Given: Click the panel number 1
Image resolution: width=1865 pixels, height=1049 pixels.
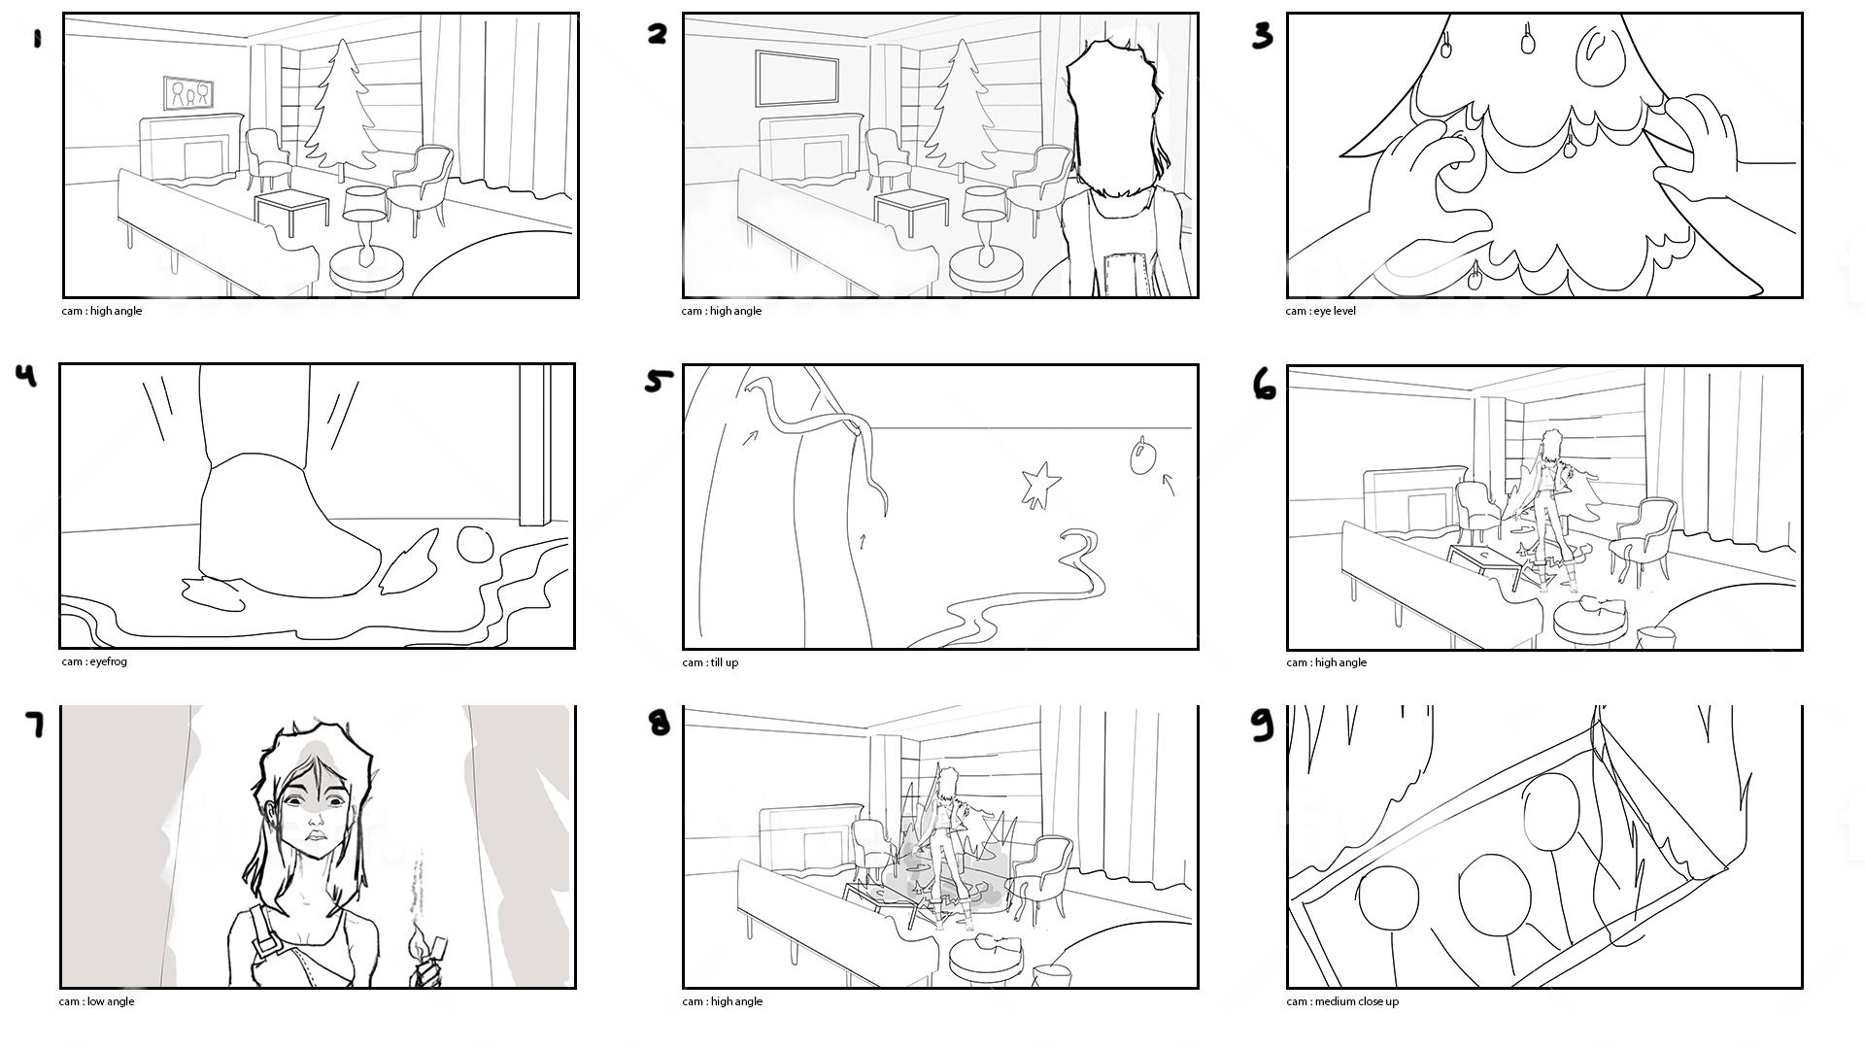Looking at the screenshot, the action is (38, 39).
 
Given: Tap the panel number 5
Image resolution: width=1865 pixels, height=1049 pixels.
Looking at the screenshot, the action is (659, 381).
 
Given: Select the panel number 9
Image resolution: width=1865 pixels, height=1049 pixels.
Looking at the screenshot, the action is (1262, 725).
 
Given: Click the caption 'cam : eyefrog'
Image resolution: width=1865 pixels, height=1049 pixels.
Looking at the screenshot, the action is (94, 662).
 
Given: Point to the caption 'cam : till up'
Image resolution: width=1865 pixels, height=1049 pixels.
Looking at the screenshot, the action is (710, 662).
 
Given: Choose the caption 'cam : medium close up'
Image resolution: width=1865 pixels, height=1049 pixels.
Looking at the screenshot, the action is (1342, 1001).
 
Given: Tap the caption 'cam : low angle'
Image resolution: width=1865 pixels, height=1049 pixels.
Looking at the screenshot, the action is (96, 1001).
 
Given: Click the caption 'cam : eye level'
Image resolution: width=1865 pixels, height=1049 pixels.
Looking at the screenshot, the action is (1320, 311).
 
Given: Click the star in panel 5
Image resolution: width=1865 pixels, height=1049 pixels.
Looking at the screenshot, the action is (1040, 484).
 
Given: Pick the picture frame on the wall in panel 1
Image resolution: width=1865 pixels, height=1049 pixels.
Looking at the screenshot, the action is (188, 92).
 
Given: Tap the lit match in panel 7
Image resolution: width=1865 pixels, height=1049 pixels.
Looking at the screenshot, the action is (424, 947).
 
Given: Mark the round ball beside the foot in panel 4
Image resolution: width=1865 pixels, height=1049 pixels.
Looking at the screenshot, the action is (475, 544).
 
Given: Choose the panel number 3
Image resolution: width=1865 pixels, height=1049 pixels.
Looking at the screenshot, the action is (1262, 36).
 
